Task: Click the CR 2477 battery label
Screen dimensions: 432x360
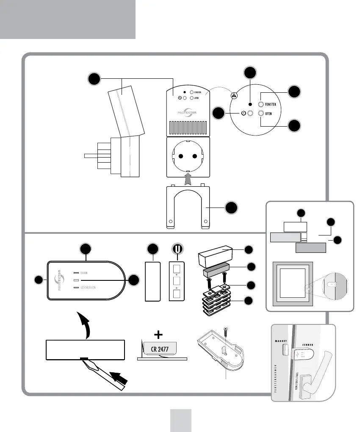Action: coord(163,349)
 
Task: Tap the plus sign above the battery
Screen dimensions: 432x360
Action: coord(159,335)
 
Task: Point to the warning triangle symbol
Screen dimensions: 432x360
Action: coord(234,95)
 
